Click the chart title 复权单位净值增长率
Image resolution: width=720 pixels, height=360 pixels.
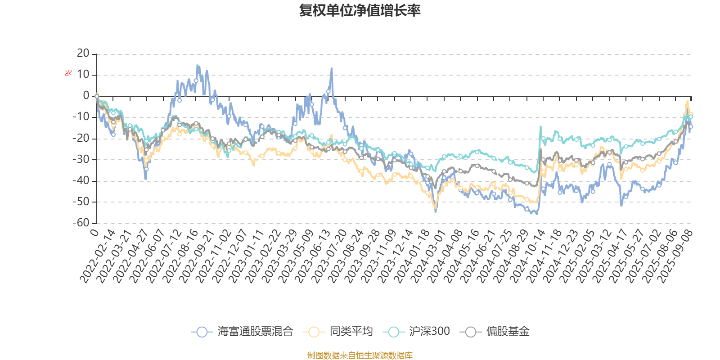coord(360,10)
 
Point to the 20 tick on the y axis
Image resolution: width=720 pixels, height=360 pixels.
coord(83,54)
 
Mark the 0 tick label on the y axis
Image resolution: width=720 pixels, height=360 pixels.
coord(86,96)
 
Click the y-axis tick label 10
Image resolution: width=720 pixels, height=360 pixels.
coord(83,75)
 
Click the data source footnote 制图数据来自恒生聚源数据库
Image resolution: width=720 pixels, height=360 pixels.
coord(360,355)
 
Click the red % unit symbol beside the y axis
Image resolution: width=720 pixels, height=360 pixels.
coord(68,73)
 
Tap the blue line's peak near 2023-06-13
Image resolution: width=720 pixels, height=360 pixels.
coord(332,68)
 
